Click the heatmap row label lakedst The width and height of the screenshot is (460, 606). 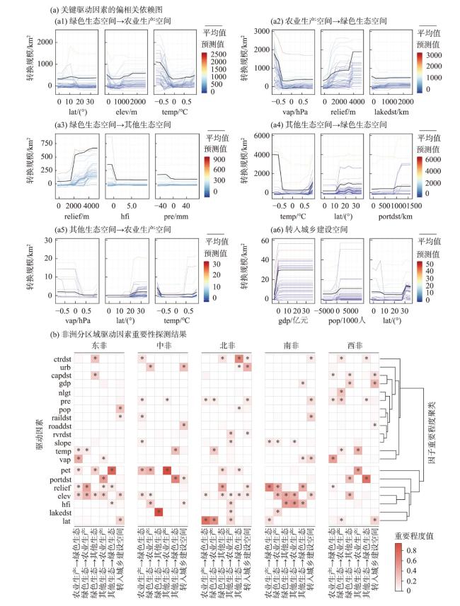[57, 509]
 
